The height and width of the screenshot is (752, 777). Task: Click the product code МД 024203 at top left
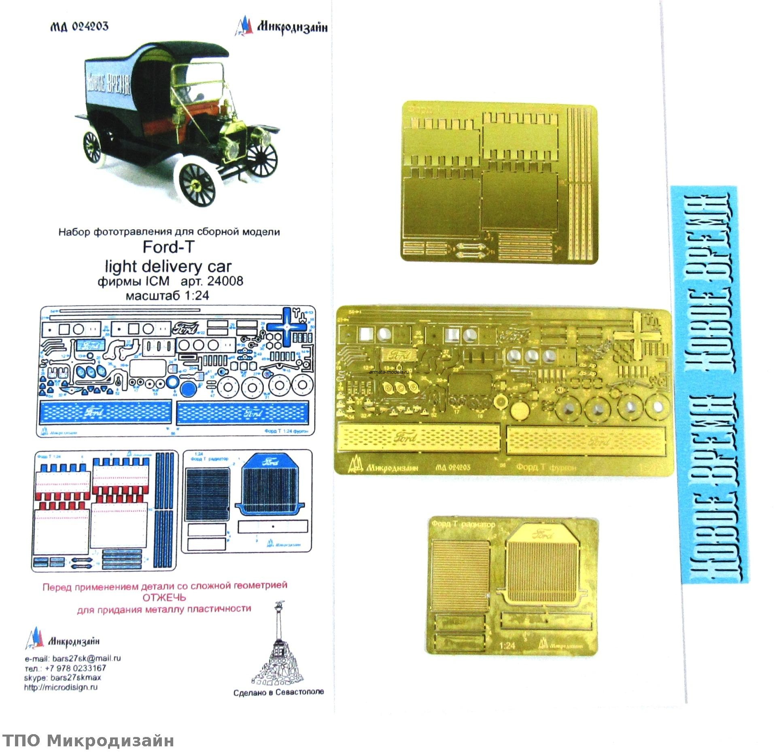pyautogui.click(x=79, y=27)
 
